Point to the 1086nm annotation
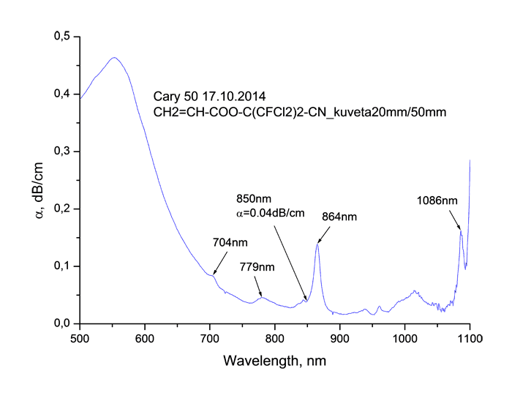437,199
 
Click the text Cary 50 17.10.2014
209,96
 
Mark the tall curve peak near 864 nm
317,244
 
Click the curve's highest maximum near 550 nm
114,57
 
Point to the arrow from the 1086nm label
456,219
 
